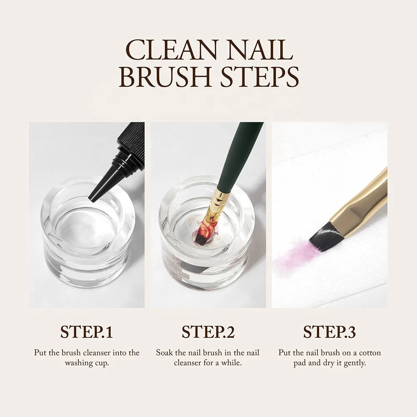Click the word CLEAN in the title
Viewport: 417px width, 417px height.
tap(169, 50)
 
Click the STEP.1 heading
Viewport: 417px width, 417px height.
tap(86, 332)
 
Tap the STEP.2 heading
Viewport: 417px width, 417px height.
tap(208, 332)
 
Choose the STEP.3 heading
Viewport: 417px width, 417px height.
tap(329, 332)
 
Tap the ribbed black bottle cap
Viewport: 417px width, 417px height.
tap(133, 142)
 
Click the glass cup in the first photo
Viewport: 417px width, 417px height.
tap(87, 234)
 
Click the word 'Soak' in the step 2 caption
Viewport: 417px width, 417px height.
tap(165, 353)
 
